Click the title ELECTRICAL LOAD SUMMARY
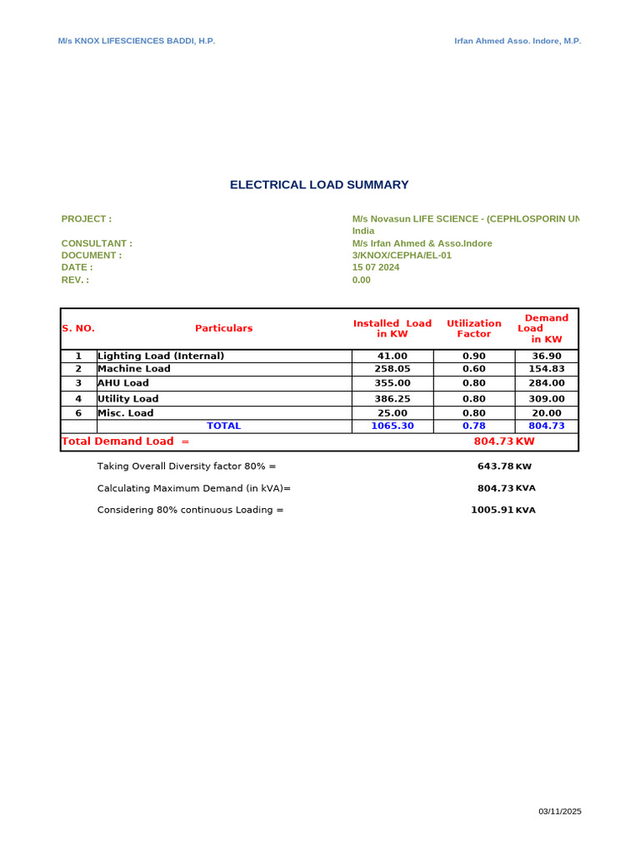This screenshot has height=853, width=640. click(x=319, y=185)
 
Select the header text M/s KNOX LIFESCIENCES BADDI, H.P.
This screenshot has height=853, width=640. click(x=136, y=41)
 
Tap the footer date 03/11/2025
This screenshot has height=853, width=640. click(x=560, y=811)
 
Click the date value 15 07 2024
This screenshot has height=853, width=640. click(x=376, y=267)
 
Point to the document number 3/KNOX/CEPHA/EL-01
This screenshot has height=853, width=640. click(x=402, y=255)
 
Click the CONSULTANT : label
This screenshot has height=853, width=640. click(x=97, y=243)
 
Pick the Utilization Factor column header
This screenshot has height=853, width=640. click(x=474, y=328)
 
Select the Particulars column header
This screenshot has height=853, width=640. click(x=224, y=328)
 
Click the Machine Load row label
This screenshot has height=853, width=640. click(x=134, y=368)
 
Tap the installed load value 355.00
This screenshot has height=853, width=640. click(x=392, y=383)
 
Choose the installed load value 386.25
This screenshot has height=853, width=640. click(x=392, y=399)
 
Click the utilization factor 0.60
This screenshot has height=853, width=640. click(x=474, y=368)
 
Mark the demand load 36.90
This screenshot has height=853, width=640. click(x=547, y=356)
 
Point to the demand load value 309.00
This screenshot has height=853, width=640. click(x=547, y=399)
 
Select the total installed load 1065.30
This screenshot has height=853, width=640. click(x=392, y=426)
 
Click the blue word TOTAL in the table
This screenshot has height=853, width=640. click(x=224, y=426)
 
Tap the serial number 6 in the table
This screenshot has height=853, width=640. click(x=78, y=413)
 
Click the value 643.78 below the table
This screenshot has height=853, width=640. click(x=495, y=466)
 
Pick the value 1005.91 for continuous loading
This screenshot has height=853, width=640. click(x=492, y=510)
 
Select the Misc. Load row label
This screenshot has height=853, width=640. click(x=126, y=413)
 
